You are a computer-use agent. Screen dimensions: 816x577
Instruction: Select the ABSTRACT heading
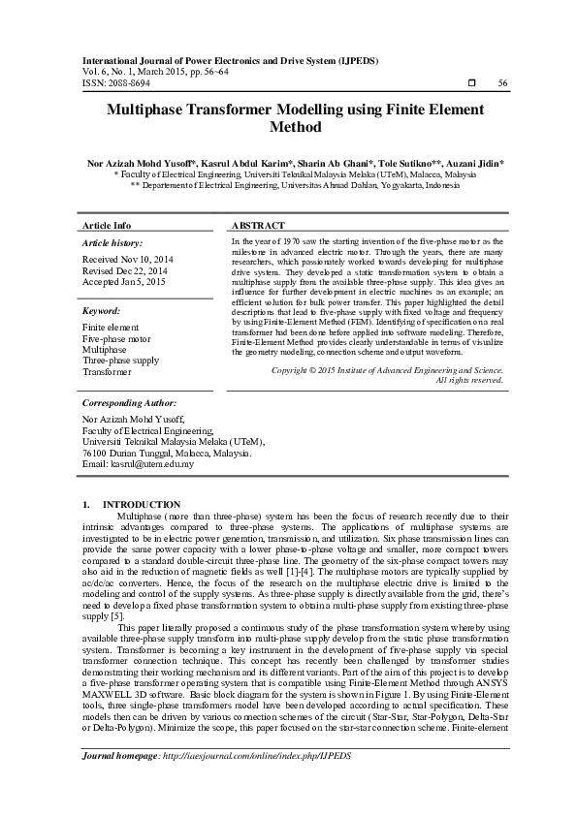259,225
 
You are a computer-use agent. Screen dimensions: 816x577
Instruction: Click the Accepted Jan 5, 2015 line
124,282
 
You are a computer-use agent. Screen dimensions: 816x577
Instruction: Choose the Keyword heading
101,311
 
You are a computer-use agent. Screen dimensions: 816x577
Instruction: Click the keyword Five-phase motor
116,339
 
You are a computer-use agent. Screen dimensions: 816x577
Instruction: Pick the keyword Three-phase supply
120,361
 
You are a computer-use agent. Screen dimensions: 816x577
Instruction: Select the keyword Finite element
111,329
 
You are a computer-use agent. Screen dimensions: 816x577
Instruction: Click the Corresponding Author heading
130,402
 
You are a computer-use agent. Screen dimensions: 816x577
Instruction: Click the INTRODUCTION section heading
142,505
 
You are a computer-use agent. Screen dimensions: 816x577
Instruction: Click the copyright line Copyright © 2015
387,370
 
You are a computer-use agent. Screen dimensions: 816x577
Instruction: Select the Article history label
112,242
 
